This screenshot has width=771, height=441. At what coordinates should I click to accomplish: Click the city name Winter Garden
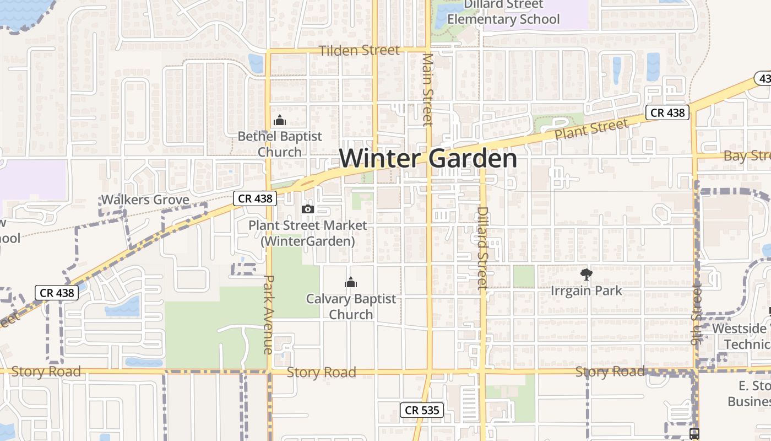click(x=428, y=159)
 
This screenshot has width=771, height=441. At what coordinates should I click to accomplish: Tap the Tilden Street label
click(x=359, y=51)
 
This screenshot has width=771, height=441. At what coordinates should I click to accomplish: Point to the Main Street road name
click(x=428, y=89)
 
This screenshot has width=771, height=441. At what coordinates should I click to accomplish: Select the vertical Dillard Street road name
click(x=483, y=248)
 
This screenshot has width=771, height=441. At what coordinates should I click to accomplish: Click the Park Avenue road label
click(x=268, y=314)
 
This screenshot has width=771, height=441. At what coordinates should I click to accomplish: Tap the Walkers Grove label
click(x=145, y=200)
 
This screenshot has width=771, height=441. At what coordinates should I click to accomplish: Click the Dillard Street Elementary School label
click(x=503, y=12)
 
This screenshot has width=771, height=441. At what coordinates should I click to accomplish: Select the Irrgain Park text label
click(x=587, y=291)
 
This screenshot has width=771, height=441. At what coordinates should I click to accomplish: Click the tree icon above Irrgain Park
click(x=587, y=274)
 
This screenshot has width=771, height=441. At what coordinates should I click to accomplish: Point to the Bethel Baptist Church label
click(x=280, y=144)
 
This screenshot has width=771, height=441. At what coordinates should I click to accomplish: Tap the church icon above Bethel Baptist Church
click(x=280, y=120)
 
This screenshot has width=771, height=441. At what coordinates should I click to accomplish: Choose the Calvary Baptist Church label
click(x=351, y=306)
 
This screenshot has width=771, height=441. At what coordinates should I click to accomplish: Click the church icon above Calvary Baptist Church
click(x=351, y=283)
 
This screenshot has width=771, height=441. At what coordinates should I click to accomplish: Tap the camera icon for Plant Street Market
click(x=308, y=209)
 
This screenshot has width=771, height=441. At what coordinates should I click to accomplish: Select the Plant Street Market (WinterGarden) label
click(x=307, y=233)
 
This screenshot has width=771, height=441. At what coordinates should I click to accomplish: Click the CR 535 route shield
click(x=422, y=410)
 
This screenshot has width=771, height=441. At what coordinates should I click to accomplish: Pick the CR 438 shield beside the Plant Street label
click(x=667, y=113)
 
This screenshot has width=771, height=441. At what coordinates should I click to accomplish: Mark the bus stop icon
click(x=694, y=433)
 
